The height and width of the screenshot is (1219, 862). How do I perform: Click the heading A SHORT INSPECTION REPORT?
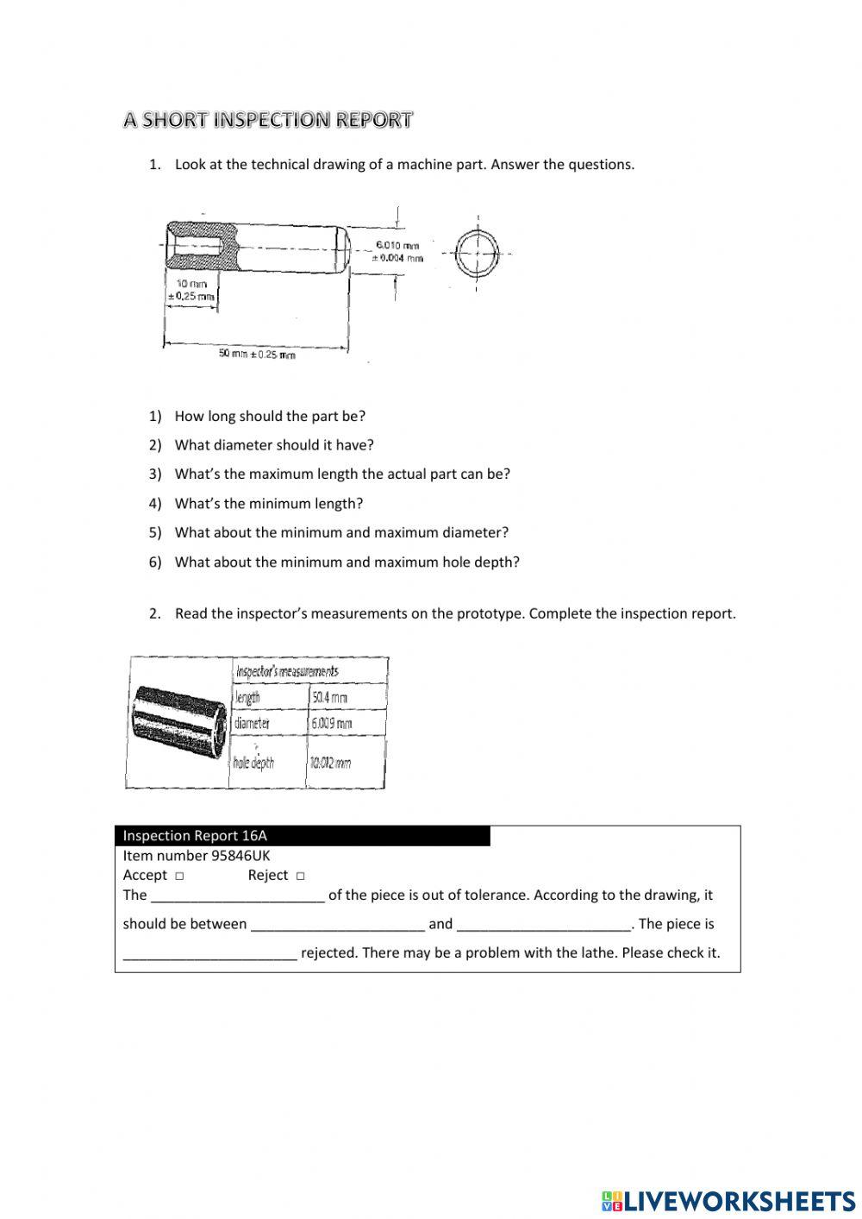tap(267, 120)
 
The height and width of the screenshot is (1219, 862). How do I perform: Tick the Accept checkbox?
tap(179, 876)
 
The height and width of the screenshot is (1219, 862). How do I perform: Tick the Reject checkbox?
tap(300, 876)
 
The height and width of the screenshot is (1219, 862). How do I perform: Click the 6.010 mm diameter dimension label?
tap(397, 251)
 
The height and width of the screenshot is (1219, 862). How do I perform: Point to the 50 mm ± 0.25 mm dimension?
tap(256, 354)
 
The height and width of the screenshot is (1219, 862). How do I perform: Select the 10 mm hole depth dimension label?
tap(191, 290)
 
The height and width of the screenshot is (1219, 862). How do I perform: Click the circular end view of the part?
tap(477, 254)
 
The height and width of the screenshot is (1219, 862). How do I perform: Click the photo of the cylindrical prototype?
tap(179, 721)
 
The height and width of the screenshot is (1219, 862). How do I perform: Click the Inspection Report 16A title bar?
tap(302, 835)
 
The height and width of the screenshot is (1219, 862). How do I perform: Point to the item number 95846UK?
tap(197, 856)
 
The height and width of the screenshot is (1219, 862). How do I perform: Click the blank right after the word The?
tap(237, 895)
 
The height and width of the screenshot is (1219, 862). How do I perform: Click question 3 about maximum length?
tap(341, 474)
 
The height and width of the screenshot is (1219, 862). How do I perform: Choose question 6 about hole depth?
tap(347, 562)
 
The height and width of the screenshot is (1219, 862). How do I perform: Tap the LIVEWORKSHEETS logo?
tap(728, 1200)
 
